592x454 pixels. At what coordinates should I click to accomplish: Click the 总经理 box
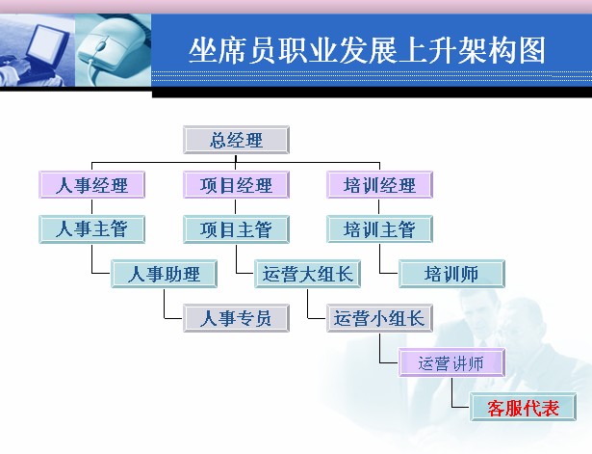236,140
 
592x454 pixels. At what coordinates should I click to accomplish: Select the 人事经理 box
91,184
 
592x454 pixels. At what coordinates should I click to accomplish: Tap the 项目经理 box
236,184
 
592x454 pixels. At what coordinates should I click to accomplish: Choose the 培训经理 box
379,184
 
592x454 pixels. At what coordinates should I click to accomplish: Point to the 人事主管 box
91,229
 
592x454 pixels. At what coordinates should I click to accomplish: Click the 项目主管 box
236,229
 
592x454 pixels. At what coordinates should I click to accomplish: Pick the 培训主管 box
379,229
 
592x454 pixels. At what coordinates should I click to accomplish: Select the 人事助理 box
164,274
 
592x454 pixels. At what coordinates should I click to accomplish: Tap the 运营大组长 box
307,274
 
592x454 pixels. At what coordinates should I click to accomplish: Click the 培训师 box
451,274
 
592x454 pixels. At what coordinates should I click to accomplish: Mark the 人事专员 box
236,318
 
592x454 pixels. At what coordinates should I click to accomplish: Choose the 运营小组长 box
379,318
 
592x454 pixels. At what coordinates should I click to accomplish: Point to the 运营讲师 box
451,362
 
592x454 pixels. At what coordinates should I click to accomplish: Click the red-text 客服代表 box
523,407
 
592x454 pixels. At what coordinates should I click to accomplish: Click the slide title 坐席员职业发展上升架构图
367,51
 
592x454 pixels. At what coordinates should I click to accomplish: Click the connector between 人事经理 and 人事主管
91,207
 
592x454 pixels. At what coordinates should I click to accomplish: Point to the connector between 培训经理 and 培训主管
378,207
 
